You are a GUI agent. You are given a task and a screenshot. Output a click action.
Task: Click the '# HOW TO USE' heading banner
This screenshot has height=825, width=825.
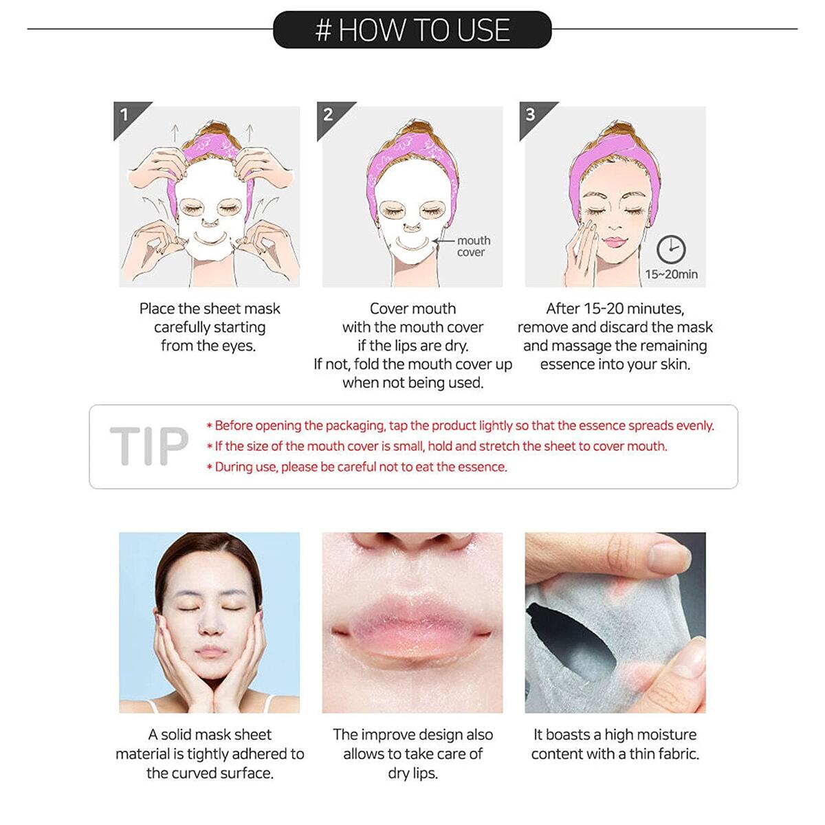click(x=412, y=30)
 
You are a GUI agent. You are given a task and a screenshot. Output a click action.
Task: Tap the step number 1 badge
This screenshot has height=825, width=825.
click(x=125, y=114)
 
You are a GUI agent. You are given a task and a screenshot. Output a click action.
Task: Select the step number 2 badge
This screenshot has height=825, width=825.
click(x=329, y=114)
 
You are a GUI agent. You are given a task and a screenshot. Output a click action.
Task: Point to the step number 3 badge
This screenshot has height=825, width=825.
click(x=531, y=114)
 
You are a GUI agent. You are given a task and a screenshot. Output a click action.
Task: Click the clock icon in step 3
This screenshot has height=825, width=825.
click(x=671, y=249)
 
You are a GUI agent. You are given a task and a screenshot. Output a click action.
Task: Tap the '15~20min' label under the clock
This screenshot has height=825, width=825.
click(x=671, y=274)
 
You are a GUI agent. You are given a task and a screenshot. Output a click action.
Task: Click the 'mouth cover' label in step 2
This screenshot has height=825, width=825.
click(x=473, y=246)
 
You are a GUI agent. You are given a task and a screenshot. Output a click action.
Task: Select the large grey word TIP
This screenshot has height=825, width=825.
click(x=148, y=446)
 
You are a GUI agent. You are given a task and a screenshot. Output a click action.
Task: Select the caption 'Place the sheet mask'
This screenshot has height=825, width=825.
click(x=210, y=309)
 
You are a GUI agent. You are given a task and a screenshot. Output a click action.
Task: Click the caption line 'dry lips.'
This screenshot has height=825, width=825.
click(x=412, y=773)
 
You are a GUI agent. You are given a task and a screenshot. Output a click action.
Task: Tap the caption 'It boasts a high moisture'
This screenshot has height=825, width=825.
click(x=615, y=734)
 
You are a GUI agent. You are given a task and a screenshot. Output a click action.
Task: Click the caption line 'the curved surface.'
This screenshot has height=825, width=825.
click(x=210, y=773)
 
